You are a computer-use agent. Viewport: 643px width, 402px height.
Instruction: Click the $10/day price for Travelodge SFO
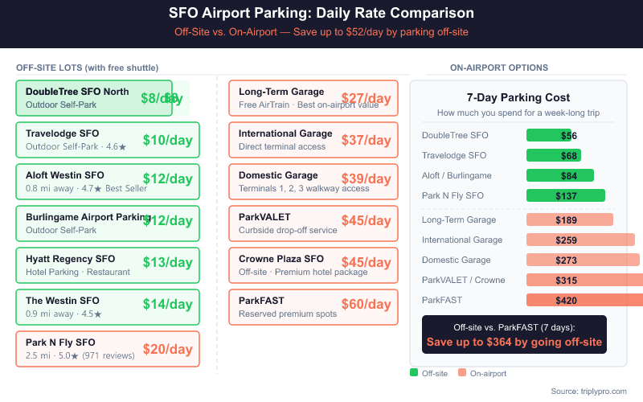[167, 140]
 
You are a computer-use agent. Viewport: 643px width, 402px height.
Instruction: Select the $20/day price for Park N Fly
[167, 349]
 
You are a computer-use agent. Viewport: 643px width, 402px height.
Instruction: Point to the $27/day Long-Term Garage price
[366, 98]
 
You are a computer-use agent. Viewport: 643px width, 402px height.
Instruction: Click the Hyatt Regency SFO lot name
[70, 259]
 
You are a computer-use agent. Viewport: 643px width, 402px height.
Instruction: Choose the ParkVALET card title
[264, 217]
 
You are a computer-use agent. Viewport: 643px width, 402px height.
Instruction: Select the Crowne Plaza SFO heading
[281, 259]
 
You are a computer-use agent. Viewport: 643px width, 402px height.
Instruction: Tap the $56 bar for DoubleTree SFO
[549, 135]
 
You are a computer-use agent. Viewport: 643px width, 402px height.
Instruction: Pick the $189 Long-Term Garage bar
[569, 219]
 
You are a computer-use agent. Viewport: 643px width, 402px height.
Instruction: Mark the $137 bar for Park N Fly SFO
[565, 195]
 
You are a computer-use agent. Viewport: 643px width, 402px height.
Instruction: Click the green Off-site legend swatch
[414, 372]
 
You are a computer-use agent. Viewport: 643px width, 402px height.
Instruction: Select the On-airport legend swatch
[462, 372]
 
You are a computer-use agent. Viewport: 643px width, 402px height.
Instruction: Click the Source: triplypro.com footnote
[588, 391]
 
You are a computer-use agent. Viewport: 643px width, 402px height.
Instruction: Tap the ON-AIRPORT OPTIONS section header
[499, 68]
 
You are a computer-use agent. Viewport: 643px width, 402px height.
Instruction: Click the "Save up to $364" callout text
[514, 342]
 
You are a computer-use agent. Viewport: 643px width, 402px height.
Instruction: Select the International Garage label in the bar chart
[462, 240]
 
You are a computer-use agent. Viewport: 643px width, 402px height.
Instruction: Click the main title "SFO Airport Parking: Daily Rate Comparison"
[321, 14]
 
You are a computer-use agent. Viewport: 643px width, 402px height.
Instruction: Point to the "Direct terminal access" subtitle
[282, 147]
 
